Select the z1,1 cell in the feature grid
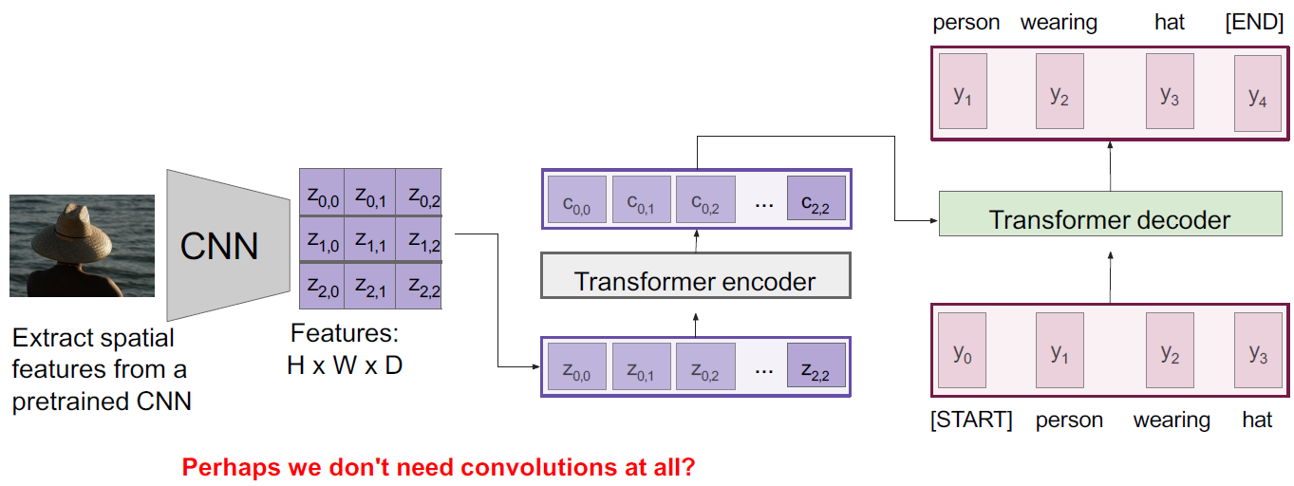(369, 244)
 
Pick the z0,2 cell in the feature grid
(420, 197)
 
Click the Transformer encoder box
(695, 282)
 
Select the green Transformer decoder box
(1109, 220)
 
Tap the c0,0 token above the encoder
(576, 201)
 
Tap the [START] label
(971, 420)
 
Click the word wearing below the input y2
(1172, 420)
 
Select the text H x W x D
(345, 364)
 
